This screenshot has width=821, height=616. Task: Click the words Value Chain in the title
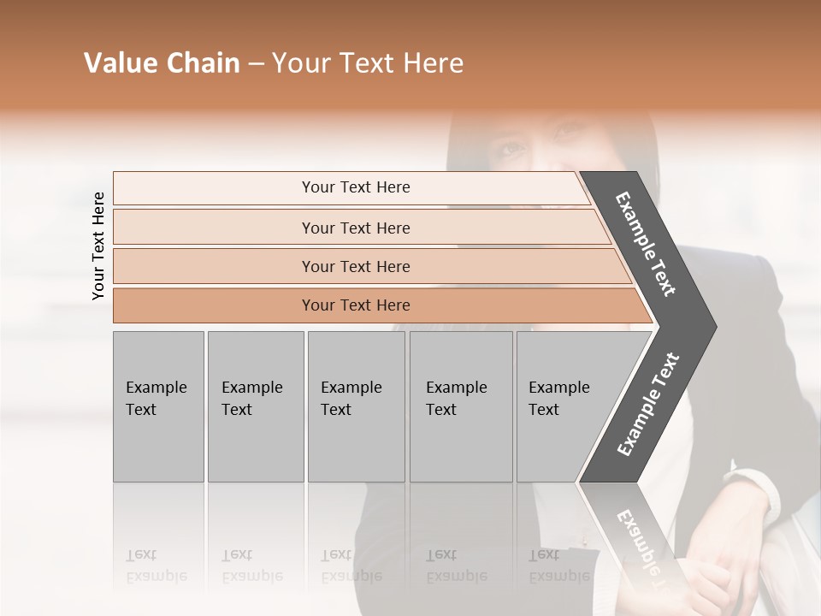[162, 63]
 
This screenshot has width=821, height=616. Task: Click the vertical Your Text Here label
[98, 246]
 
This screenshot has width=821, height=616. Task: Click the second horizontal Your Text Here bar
[355, 228]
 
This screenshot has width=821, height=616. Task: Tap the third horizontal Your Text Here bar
[355, 266]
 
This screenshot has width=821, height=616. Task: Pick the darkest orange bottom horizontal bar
[355, 305]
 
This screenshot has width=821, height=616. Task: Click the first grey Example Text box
[158, 406]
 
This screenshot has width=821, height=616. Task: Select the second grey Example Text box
[255, 406]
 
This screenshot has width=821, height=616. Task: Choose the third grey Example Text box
[356, 406]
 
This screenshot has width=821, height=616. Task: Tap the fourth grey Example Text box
[460, 406]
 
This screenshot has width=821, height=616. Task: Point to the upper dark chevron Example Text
[647, 245]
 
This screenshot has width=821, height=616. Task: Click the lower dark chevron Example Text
[648, 404]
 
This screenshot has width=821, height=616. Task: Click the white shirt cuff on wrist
[757, 488]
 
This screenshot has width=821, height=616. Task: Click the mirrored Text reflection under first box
[141, 555]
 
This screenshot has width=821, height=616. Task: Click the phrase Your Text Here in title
[368, 63]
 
